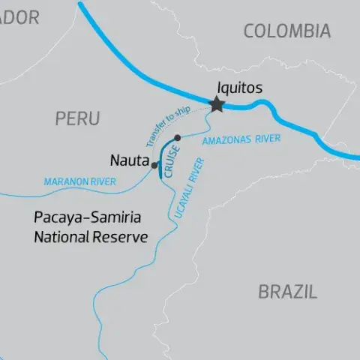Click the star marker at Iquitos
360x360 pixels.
point(217,104)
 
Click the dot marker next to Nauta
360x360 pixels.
point(154,165)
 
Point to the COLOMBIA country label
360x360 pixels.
point(286,31)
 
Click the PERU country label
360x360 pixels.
point(76,118)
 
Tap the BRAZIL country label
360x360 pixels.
point(287,292)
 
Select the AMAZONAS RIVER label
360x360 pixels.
point(241,139)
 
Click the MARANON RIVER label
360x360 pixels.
point(79,181)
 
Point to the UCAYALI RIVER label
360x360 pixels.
point(189,189)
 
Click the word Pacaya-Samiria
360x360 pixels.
point(88,219)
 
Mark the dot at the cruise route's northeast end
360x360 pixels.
point(177,137)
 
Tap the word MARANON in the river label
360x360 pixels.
point(64,181)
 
